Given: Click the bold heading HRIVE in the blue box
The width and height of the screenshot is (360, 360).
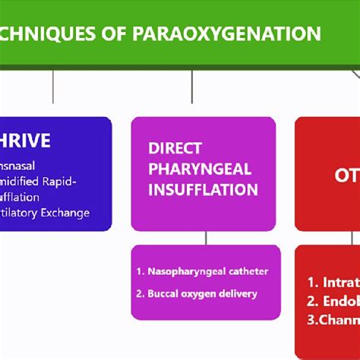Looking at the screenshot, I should [x=25, y=141].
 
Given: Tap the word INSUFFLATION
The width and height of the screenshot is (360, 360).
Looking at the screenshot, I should [x=203, y=189].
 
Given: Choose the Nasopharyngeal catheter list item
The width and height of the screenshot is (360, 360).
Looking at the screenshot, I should [x=202, y=271].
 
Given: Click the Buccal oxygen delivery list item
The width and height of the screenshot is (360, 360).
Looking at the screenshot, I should [x=197, y=293].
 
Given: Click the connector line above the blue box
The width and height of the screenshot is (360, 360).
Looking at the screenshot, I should [x=52, y=87].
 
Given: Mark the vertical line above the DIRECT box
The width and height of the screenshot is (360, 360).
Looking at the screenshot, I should [x=204, y=87].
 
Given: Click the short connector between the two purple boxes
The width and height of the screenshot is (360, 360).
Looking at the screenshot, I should [x=204, y=238].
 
